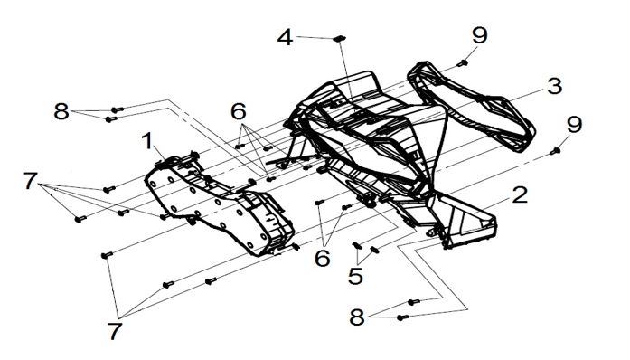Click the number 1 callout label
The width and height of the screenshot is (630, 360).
[x=148, y=141]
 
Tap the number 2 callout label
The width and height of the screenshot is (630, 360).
[x=520, y=194]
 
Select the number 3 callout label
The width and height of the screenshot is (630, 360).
[x=554, y=87]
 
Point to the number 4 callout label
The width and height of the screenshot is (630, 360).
[x=285, y=38]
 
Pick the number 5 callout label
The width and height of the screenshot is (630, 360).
[x=355, y=277]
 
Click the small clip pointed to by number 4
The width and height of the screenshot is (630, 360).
[x=340, y=38]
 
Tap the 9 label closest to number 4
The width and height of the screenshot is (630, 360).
[x=480, y=35]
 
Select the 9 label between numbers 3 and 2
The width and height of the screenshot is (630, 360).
[x=574, y=124]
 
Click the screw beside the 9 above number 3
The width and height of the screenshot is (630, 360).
[x=463, y=63]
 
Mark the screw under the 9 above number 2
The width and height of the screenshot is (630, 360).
[x=555, y=151]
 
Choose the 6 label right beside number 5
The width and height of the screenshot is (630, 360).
[x=323, y=258]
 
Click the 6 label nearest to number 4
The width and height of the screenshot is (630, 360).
[x=239, y=111]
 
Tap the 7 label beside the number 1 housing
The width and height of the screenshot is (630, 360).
[x=30, y=181]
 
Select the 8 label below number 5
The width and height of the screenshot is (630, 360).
[x=357, y=317]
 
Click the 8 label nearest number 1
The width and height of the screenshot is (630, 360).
[x=61, y=111]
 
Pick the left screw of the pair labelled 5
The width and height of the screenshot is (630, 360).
[x=356, y=245]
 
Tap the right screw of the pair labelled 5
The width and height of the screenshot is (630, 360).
[x=374, y=250]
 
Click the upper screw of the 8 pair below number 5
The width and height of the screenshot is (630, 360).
[x=413, y=302]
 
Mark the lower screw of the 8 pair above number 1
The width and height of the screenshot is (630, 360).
[x=111, y=119]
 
